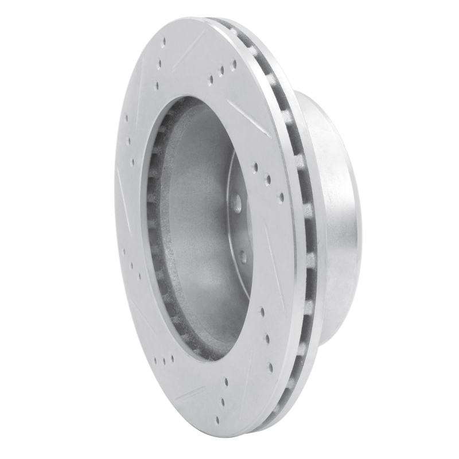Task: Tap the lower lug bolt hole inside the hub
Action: (x=243, y=256)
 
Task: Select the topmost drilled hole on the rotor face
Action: (x=164, y=42)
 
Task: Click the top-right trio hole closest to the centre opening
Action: (x=211, y=80)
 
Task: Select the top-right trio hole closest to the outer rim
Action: (x=234, y=64)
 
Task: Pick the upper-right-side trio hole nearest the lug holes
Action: (x=255, y=168)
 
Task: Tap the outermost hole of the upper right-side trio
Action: (x=281, y=197)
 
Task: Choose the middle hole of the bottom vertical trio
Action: (x=226, y=380)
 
